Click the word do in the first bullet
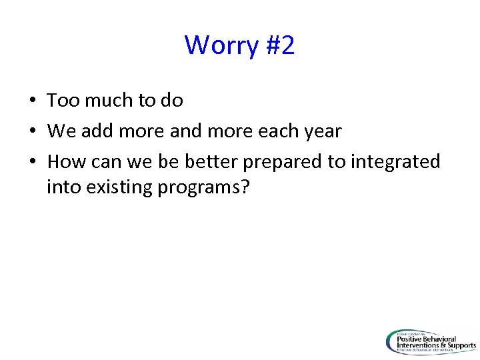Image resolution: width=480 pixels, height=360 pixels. tap(171, 101)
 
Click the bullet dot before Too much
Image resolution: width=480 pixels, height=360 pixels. tap(33, 101)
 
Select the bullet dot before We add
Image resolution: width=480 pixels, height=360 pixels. tap(33, 132)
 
